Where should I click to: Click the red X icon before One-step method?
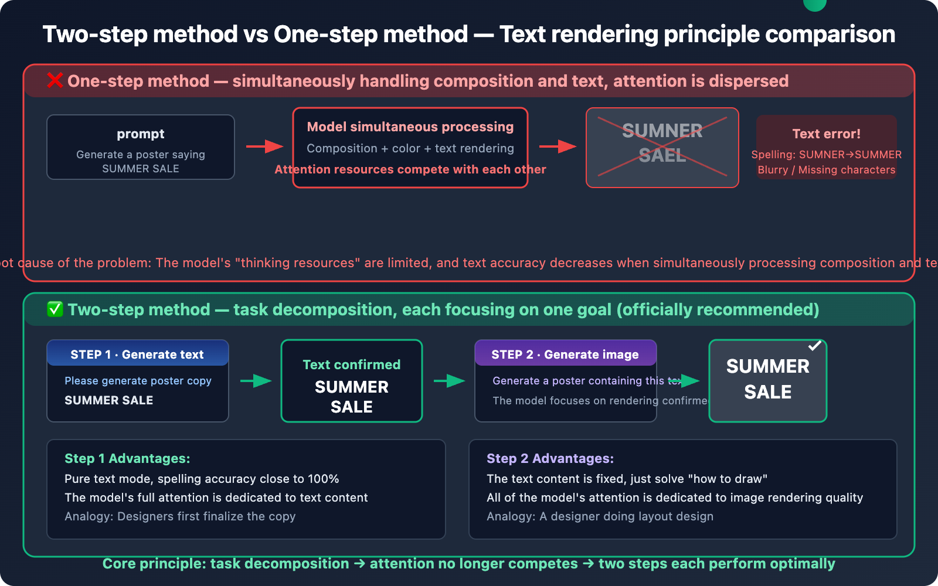click(x=55, y=80)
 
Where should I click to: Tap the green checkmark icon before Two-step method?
click(x=55, y=309)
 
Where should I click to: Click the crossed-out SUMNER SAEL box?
click(x=662, y=148)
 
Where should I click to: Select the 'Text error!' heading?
click(x=826, y=134)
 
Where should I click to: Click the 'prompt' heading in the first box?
click(x=141, y=134)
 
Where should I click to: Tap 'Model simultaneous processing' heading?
click(x=410, y=127)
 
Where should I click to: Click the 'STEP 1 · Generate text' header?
click(x=137, y=355)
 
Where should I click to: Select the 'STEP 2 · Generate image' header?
click(x=565, y=355)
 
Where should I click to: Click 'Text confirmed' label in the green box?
click(x=351, y=364)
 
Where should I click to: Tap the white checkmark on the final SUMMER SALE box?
click(x=814, y=346)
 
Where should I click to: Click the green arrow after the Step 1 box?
click(x=256, y=381)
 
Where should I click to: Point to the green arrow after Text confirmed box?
click(x=449, y=381)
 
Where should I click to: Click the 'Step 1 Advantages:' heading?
click(x=127, y=458)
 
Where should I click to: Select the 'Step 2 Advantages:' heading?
click(x=550, y=458)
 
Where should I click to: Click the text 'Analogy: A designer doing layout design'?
click(x=600, y=516)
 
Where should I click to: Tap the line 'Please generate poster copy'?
click(x=138, y=381)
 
